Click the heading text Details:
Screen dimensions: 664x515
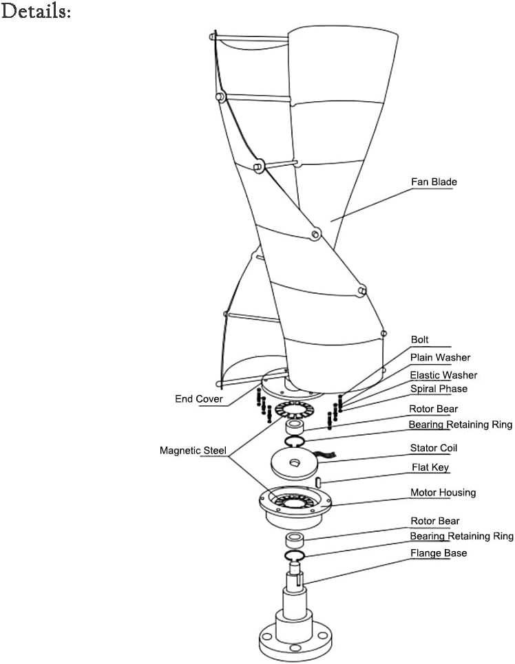pyautogui.click(x=36, y=12)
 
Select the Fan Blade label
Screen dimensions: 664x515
pyautogui.click(x=434, y=182)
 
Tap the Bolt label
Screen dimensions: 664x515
pyautogui.click(x=419, y=340)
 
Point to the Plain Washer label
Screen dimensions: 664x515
pyautogui.click(x=440, y=358)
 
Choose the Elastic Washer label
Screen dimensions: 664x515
pyautogui.click(x=443, y=375)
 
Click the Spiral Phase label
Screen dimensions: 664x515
pyautogui.click(x=439, y=389)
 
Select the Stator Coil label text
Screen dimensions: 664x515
pyautogui.click(x=434, y=448)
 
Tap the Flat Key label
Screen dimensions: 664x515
pyautogui.click(x=430, y=468)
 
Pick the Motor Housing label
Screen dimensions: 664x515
pyautogui.click(x=443, y=493)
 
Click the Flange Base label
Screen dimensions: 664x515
pyautogui.click(x=439, y=553)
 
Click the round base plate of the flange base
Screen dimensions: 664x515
pyautogui.click(x=297, y=643)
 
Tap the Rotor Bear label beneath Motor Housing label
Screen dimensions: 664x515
pyautogui.click(x=434, y=522)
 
